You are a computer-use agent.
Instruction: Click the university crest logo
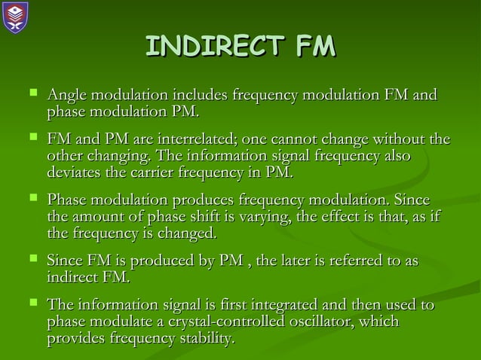point(15,16)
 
